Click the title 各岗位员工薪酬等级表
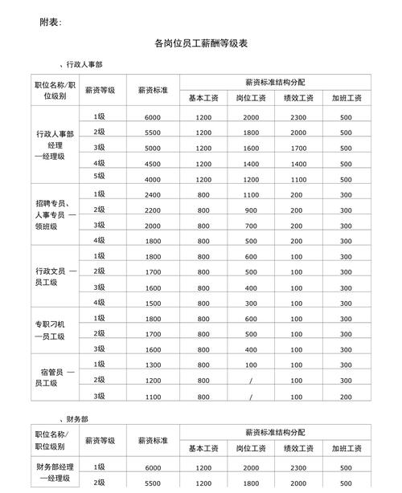point(200,44)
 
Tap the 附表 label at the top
point(50,22)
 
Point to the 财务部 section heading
point(77,419)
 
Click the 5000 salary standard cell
point(153,148)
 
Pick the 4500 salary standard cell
point(153,164)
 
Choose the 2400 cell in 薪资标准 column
point(153,195)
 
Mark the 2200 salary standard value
point(153,210)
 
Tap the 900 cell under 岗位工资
point(251,210)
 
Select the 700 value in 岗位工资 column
point(251,226)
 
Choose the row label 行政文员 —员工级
point(55,279)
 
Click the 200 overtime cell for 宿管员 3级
point(346,397)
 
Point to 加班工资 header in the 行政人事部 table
point(346,98)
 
